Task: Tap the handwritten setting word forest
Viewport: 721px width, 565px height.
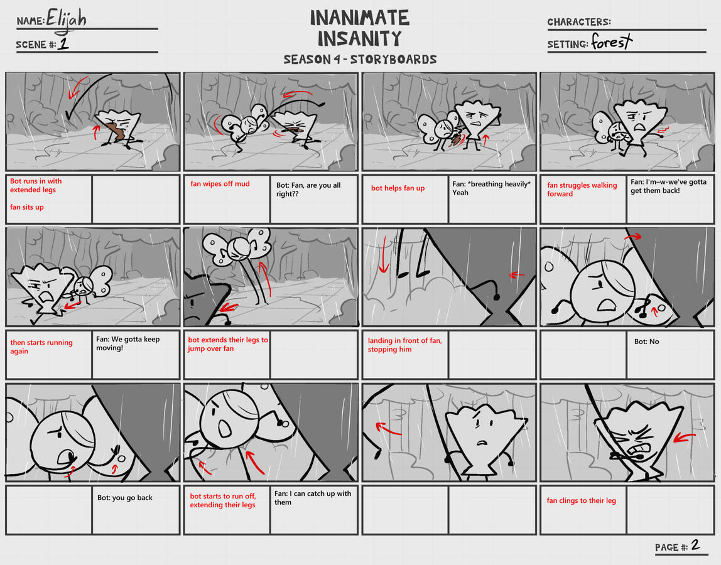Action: coord(612,42)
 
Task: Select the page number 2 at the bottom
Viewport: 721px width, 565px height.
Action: coord(695,545)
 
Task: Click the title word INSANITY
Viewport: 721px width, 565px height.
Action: coord(360,39)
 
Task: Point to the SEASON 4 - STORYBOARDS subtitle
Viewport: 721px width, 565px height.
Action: coord(360,59)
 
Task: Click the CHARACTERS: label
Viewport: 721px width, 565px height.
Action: coord(579,22)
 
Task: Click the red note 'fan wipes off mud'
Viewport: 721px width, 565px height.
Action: coord(220,184)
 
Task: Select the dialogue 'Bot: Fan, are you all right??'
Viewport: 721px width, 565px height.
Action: coord(308,190)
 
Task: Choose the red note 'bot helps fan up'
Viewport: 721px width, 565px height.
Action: coord(398,188)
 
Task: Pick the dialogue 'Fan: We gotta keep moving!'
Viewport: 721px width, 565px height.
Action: coord(128,343)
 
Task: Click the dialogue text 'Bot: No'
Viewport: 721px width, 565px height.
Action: coord(646,342)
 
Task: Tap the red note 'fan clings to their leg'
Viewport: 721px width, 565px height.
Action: coord(581,500)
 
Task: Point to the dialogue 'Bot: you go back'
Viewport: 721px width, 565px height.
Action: coord(124,497)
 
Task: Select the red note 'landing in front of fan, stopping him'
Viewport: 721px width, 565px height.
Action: coord(404,345)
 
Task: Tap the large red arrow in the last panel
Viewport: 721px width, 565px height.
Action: coord(684,437)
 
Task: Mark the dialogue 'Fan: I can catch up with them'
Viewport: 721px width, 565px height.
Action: coord(313,498)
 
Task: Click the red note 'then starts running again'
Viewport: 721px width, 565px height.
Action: coord(41,347)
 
